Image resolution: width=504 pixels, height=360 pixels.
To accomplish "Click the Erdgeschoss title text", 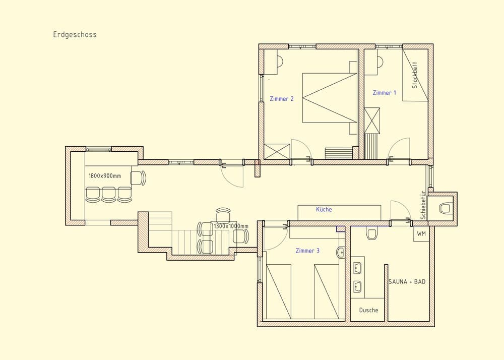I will tap(75, 35).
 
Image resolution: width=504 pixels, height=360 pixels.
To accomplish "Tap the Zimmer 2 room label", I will tap(282, 99).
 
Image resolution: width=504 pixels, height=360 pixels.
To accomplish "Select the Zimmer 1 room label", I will tap(385, 93).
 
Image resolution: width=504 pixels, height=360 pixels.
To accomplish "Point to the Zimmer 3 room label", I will tap(307, 251).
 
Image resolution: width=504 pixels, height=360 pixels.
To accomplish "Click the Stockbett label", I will tap(415, 76).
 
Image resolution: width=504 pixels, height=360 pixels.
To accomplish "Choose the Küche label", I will tap(324, 209).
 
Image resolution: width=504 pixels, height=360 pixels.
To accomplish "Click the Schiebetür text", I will tap(423, 204).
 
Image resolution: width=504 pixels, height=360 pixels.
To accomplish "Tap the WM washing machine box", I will tap(421, 234).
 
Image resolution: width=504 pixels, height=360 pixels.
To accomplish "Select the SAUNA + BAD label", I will tap(407, 281).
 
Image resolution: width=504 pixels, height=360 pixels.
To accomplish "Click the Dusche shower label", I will tap(368, 310).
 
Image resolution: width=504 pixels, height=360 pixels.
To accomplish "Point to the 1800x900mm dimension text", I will tap(104, 176).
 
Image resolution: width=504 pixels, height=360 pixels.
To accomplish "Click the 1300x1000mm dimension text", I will tap(231, 226).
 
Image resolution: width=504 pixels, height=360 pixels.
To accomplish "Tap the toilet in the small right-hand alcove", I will tap(446, 208).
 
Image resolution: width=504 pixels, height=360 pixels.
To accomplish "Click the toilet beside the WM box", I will tap(372, 234).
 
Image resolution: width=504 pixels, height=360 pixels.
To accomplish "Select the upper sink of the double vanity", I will tap(358, 267).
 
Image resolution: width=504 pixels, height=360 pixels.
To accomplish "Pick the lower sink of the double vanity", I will tap(358, 287).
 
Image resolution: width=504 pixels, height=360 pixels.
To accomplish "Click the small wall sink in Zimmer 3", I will tap(341, 252).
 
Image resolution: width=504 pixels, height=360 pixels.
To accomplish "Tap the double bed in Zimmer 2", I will tap(330, 98).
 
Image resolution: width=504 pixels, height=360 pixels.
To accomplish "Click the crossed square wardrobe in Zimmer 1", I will tap(372, 120).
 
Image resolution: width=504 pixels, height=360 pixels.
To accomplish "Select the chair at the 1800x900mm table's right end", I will tap(138, 178).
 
